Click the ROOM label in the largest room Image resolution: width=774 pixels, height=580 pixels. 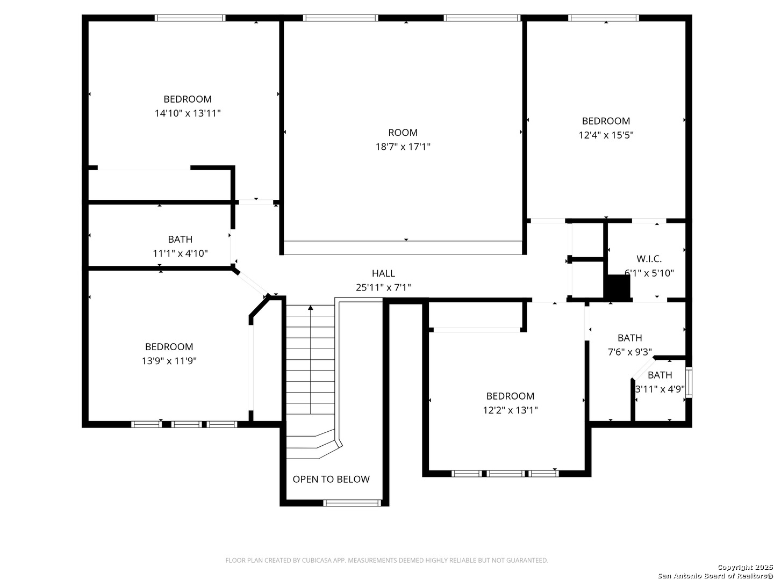coord(403,133)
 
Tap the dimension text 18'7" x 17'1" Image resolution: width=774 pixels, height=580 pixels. coord(403,147)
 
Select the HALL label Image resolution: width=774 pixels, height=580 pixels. coord(383,273)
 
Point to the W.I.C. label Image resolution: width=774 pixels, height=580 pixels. coord(649,259)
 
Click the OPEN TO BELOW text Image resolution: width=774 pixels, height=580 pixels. coord(331,479)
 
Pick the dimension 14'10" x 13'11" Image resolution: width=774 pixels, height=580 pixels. coord(188,113)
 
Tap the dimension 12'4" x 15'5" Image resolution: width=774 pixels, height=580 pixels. coord(606,135)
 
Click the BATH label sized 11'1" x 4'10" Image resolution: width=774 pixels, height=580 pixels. coord(180,239)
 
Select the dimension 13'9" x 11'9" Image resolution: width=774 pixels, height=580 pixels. coord(169,360)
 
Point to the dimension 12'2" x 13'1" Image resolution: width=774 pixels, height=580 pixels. coord(510,410)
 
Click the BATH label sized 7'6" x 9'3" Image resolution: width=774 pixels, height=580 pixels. coord(630,338)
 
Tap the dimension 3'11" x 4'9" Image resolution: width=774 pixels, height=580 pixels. coord(660,389)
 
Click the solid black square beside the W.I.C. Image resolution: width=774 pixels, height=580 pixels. coord(617,286)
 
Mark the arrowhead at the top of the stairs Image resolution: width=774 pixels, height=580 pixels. coord(310,307)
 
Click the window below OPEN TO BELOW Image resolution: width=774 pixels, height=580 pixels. coord(352,503)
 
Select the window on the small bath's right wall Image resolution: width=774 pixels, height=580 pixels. coord(689,382)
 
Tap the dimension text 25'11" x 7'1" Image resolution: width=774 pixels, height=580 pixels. coord(383,287)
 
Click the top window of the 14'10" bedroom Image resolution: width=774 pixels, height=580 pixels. coord(190,18)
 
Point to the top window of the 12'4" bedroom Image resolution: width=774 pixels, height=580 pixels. coord(603,18)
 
